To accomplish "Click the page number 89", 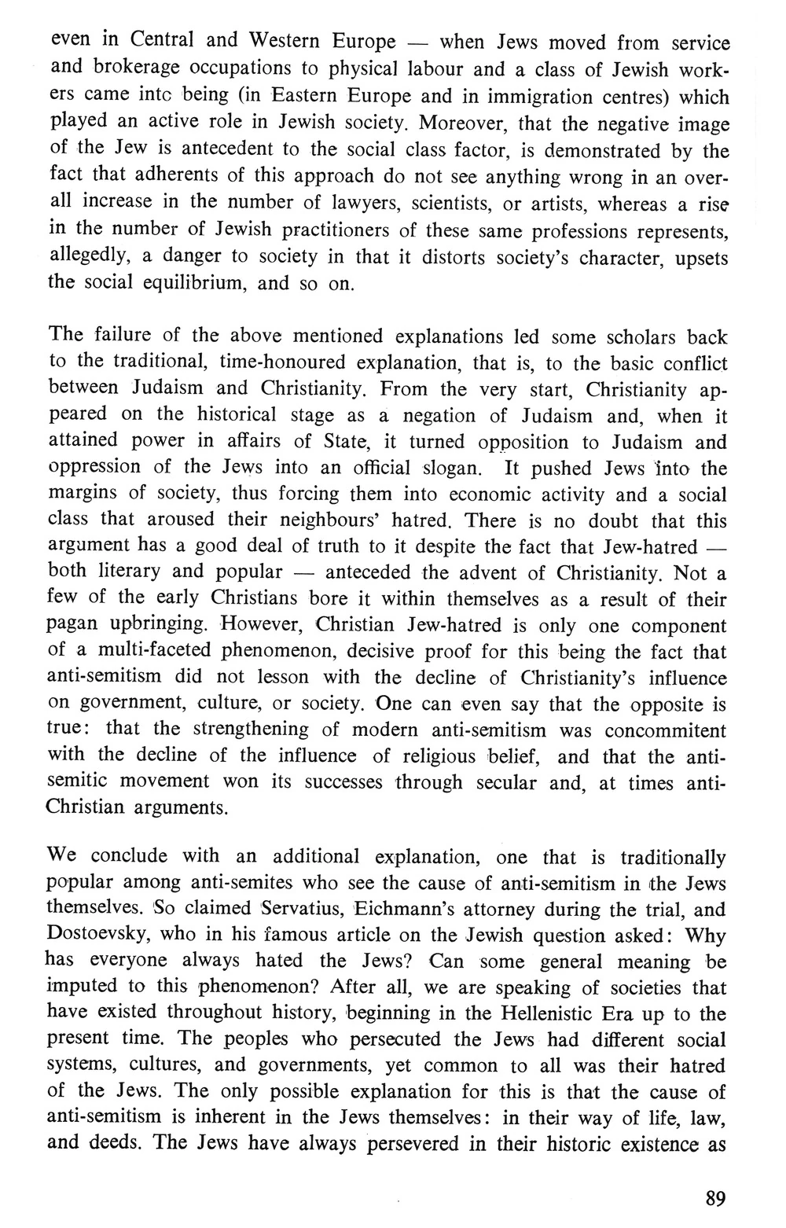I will tap(715, 1199).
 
